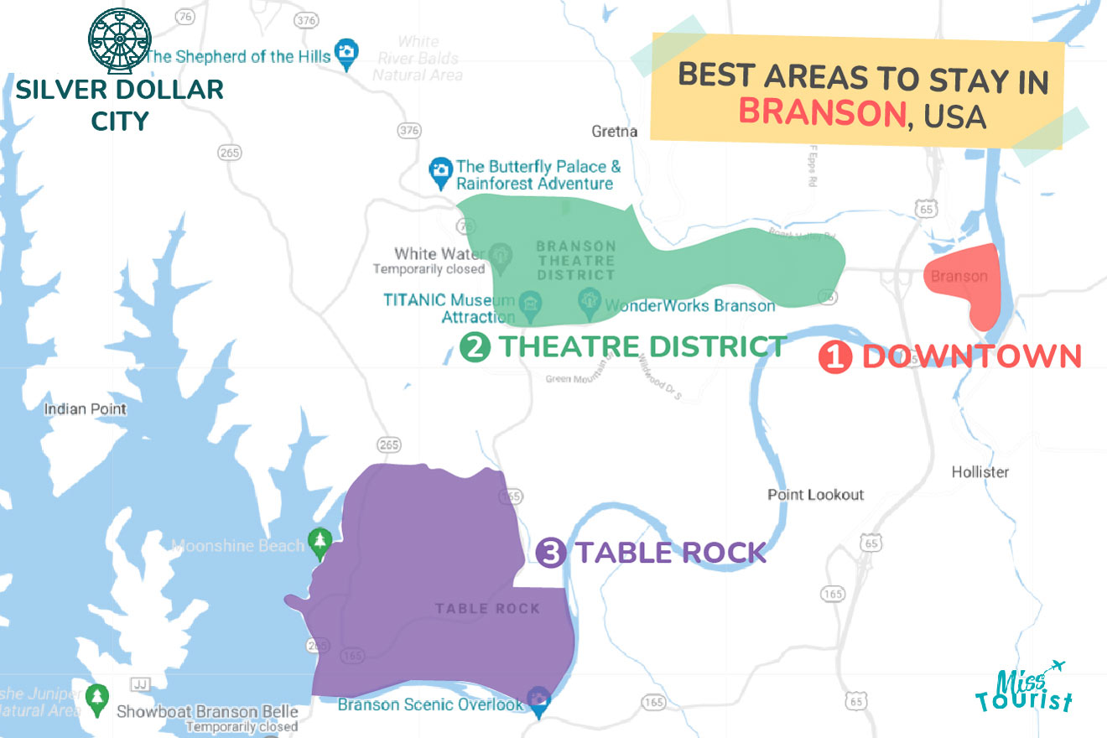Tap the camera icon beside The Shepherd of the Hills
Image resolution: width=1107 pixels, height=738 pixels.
click(x=345, y=51)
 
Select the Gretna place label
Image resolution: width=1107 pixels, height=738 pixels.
click(x=614, y=132)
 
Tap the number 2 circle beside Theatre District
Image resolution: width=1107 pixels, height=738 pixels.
click(x=475, y=347)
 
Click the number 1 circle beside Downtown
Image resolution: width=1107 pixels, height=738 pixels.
click(x=834, y=357)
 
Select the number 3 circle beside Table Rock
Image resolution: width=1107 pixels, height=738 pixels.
click(x=550, y=553)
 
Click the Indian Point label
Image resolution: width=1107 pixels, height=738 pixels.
click(x=85, y=409)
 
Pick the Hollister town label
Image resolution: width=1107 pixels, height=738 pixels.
click(x=980, y=472)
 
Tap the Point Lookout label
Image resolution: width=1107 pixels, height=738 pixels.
click(x=815, y=495)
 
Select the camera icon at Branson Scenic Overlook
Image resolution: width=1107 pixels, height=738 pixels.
click(x=538, y=700)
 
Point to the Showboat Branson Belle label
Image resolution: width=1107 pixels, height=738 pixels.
click(x=207, y=712)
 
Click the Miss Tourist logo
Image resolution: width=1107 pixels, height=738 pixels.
click(x=1023, y=688)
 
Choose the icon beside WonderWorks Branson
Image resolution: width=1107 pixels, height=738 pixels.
click(x=590, y=300)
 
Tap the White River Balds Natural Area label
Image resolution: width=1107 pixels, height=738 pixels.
click(x=418, y=58)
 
